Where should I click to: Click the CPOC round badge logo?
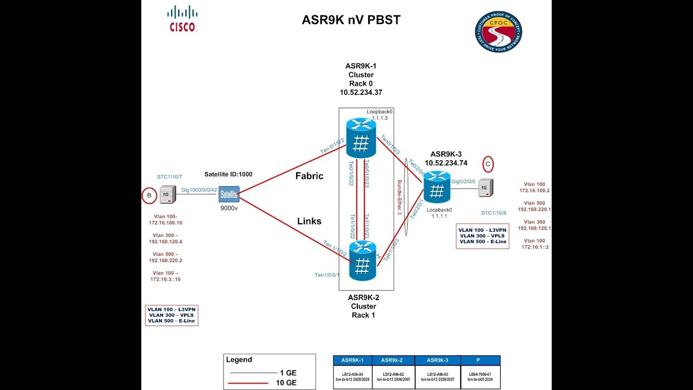coord(499,32)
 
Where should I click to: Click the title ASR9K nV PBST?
coord(351,21)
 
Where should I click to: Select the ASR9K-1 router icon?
coord(361,139)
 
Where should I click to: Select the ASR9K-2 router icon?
coord(362,261)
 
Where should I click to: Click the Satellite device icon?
coord(229,194)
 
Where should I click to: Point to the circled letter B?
coord(149,196)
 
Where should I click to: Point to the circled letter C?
coord(488,163)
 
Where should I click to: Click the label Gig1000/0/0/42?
coord(199,190)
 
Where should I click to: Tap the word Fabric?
coord(309,176)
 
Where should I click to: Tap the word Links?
coord(309,221)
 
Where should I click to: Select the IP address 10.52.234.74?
coord(446,162)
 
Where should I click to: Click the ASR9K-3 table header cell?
coord(437,360)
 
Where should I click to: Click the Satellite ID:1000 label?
coord(228,174)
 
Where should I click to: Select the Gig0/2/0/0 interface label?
coord(464,182)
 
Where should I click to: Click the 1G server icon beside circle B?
coord(167,194)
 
